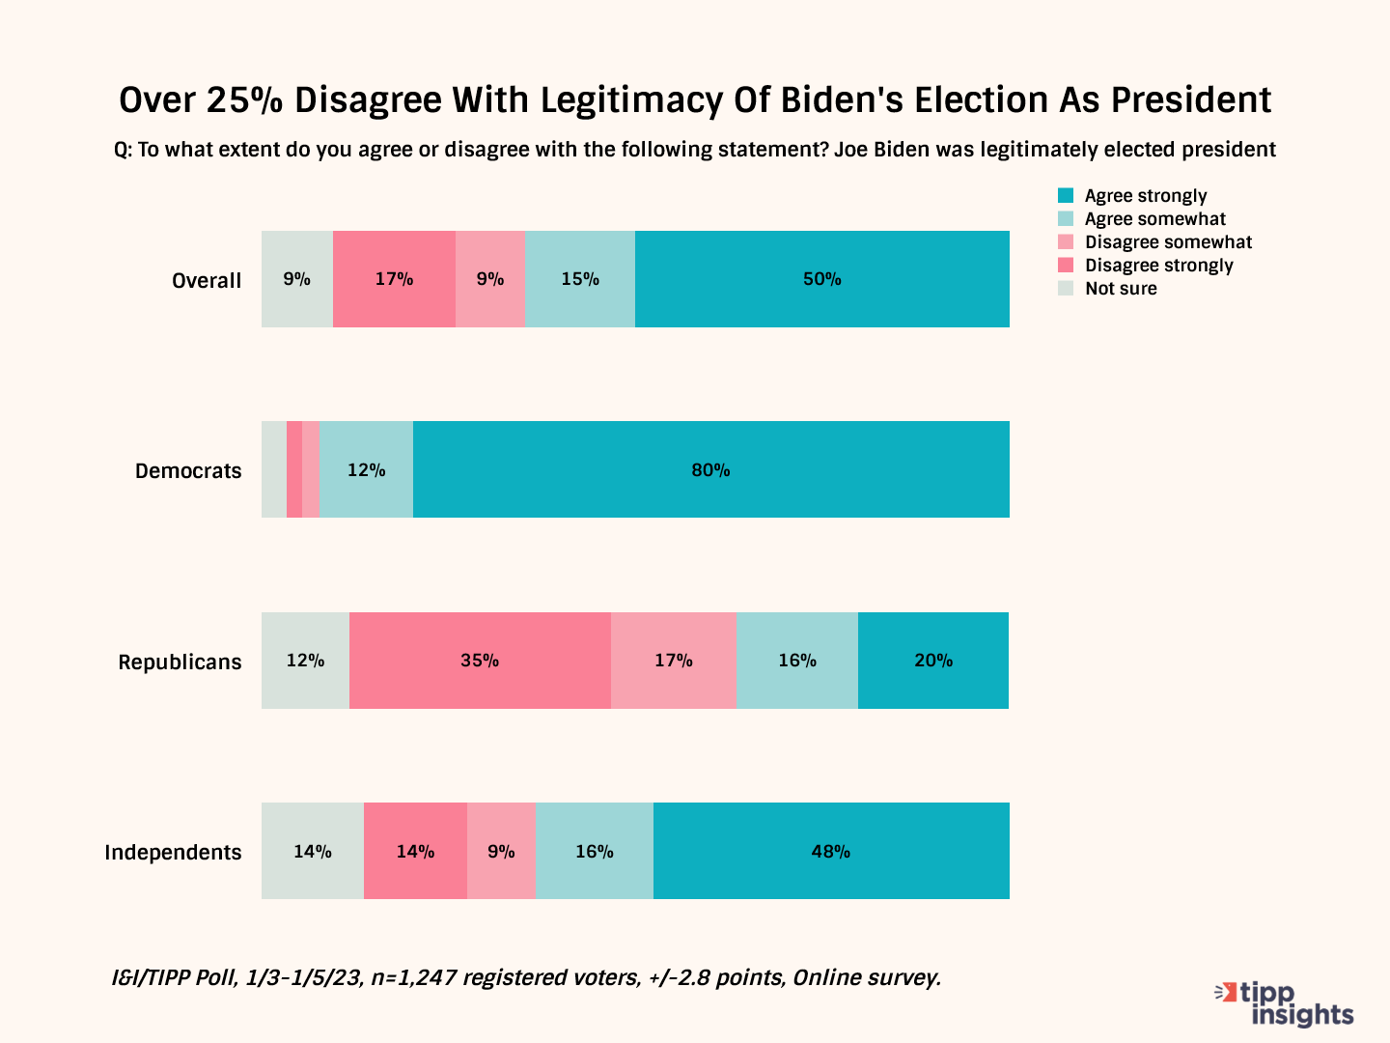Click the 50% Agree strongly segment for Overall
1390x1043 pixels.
click(822, 279)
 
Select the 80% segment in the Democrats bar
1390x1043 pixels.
click(711, 469)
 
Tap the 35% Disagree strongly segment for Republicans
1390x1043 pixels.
click(480, 661)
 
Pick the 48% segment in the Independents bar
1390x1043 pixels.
click(831, 851)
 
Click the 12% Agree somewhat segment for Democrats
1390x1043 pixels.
click(366, 469)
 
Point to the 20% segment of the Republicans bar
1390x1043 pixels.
click(933, 661)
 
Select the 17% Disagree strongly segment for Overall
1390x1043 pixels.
click(394, 279)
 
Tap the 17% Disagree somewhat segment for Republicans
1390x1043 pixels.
click(674, 661)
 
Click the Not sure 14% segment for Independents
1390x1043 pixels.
click(313, 851)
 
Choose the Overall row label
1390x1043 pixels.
click(207, 280)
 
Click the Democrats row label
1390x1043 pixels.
click(188, 471)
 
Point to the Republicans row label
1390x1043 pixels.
click(180, 662)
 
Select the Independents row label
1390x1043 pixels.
click(173, 853)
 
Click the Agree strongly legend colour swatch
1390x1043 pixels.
click(1066, 196)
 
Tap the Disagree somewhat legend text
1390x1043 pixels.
click(1168, 242)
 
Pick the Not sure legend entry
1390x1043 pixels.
click(1120, 289)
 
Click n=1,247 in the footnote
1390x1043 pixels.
click(413, 977)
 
